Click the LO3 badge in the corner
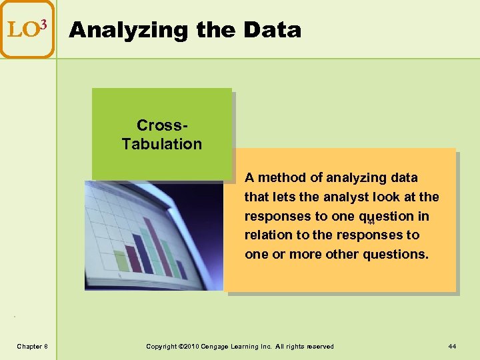click(27, 29)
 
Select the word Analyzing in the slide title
click(117, 30)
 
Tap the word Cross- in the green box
click(162, 125)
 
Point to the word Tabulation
click(162, 144)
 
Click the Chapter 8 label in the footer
click(32, 346)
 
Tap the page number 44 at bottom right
click(453, 346)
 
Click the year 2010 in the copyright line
click(187, 346)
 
